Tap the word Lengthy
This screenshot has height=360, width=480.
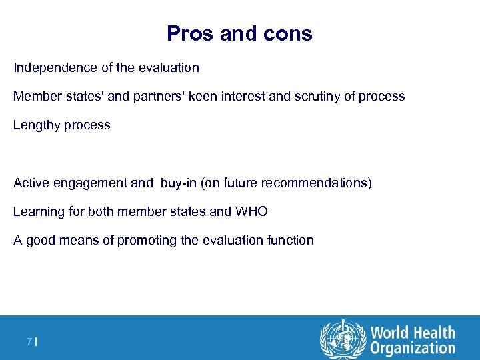[35, 125]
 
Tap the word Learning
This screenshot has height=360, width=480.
[39, 211]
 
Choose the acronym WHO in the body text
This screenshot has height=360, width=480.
[251, 211]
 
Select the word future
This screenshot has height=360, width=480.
[237, 183]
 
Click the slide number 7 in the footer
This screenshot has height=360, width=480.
[29, 342]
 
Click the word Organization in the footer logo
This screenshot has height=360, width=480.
[413, 347]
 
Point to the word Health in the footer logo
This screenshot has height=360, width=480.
[432, 332]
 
